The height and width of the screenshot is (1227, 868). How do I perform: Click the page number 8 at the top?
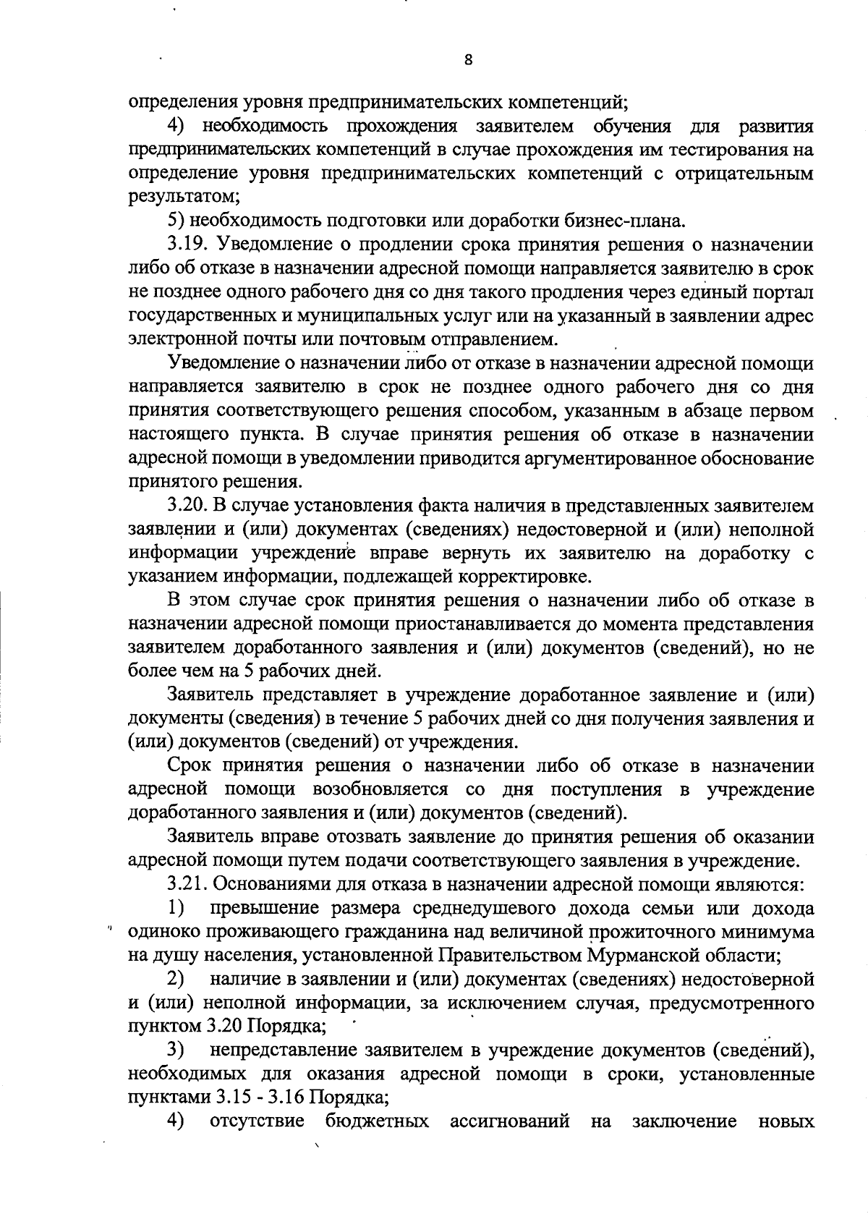click(468, 61)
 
